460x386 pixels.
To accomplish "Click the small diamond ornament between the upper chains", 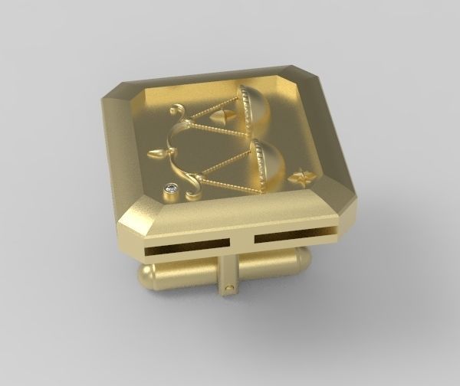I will (222, 116).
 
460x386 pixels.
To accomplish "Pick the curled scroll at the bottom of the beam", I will (192, 184).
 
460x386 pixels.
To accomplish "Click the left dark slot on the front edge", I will (186, 245).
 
